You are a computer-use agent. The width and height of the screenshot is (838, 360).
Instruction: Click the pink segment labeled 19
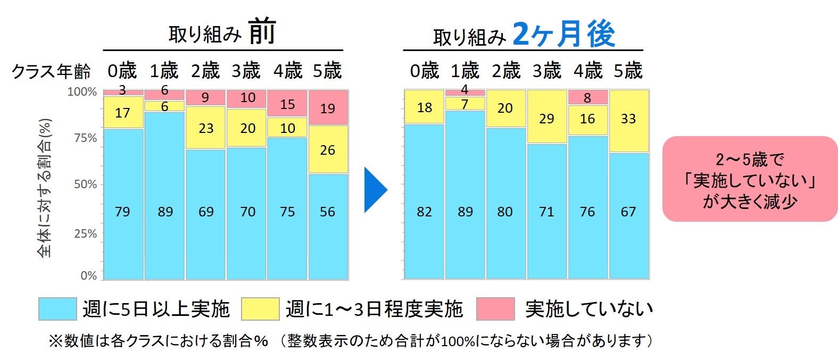tap(328, 108)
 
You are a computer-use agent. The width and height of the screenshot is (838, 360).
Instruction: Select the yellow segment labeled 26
tap(328, 149)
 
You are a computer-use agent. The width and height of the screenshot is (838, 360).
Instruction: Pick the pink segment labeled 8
tap(587, 97)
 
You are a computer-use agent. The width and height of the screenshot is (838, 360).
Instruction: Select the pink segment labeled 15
tap(287, 104)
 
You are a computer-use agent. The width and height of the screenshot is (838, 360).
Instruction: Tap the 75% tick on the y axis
tap(85, 138)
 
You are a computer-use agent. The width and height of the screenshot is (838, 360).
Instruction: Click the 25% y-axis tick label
tap(85, 233)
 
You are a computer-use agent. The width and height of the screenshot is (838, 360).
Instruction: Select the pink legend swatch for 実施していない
tap(495, 309)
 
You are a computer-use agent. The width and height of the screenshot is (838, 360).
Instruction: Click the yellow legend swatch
tap(260, 309)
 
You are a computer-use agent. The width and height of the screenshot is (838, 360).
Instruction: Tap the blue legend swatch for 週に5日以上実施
tap(57, 309)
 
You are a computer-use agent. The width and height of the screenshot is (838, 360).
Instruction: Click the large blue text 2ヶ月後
tap(564, 34)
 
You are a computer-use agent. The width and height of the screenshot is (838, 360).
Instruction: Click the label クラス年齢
tap(51, 71)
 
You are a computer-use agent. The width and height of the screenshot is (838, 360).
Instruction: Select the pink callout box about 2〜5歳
tap(749, 179)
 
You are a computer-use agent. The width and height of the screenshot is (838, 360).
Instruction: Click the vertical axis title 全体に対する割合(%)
tap(45, 188)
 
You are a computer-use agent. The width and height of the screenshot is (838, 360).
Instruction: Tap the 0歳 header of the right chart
tap(424, 71)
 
